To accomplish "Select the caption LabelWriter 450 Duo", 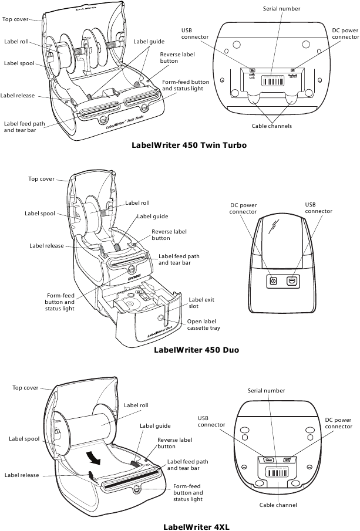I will click(196, 350).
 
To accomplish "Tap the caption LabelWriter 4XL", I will click(196, 526).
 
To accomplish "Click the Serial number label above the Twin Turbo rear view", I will click(281, 9).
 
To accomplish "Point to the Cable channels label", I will click(272, 126).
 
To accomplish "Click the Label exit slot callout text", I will click(201, 303).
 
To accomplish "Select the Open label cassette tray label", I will click(204, 325).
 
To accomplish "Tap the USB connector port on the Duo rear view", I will click(292, 281).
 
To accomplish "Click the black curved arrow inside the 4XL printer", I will click(93, 456).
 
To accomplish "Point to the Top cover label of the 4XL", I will click(25, 388).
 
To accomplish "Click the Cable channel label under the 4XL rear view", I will click(278, 505).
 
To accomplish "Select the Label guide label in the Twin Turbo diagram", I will click(149, 42).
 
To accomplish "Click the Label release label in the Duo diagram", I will click(46, 246).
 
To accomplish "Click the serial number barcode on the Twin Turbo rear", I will click(272, 82).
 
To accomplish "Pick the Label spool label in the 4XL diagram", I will click(24, 438).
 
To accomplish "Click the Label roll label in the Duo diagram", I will click(137, 203).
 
